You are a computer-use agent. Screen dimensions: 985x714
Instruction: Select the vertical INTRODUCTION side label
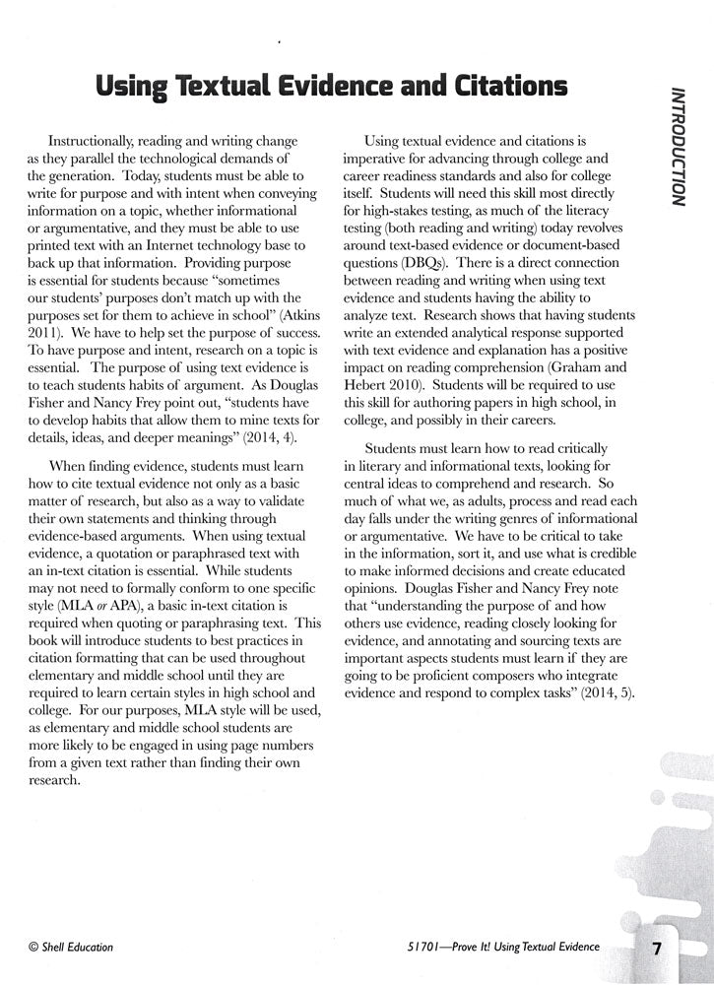tap(678, 147)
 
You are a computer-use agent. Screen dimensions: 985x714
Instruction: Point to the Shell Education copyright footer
tap(71, 948)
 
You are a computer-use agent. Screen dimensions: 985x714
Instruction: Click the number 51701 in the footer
tap(409, 948)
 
